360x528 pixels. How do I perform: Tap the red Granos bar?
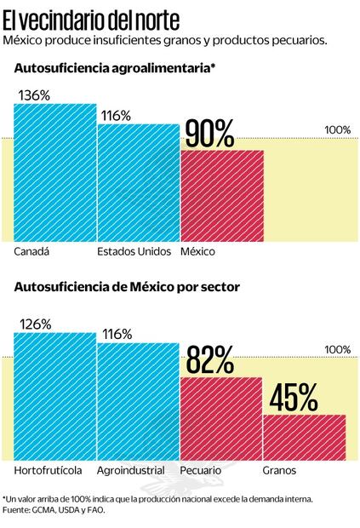pyautogui.click(x=304, y=438)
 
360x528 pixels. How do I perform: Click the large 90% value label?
pyautogui.click(x=209, y=135)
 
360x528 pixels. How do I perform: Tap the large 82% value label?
pyautogui.click(x=209, y=362)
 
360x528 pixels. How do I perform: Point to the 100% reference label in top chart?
pyautogui.click(x=337, y=129)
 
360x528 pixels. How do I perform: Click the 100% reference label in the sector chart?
pyautogui.click(x=337, y=349)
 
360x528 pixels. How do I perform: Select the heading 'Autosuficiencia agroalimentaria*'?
pyautogui.click(x=111, y=68)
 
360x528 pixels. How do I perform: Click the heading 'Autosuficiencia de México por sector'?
pyautogui.click(x=127, y=287)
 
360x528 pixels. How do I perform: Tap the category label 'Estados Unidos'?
pyautogui.click(x=134, y=252)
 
